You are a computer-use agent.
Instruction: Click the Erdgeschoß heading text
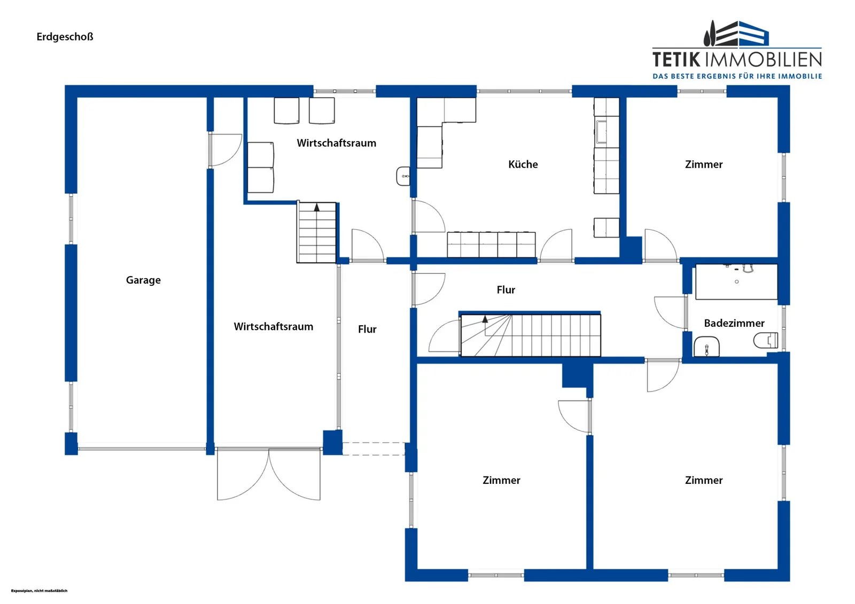tap(65, 37)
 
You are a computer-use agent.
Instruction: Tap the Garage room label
tap(143, 280)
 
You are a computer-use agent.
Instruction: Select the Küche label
tap(523, 164)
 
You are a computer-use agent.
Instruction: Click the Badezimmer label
tap(734, 323)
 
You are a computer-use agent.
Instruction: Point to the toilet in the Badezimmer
tap(766, 340)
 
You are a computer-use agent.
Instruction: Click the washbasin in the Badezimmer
tap(706, 347)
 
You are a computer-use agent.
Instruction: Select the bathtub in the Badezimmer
tap(736, 281)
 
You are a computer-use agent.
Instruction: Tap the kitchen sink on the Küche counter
tap(602, 131)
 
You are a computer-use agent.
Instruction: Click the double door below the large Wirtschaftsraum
tap(269, 474)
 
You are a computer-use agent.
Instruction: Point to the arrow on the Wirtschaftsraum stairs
tap(317, 208)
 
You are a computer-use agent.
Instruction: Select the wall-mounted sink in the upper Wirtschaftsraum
tap(403, 176)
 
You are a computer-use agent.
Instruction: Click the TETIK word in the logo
tap(677, 60)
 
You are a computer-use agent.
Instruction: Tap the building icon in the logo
tap(736, 34)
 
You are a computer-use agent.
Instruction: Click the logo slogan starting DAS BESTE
tap(737, 76)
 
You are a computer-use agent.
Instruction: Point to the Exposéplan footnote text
tap(40, 591)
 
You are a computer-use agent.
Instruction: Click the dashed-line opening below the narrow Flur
tap(374, 449)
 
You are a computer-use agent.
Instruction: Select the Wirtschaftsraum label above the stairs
tap(336, 143)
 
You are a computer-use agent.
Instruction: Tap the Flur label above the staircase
tap(506, 290)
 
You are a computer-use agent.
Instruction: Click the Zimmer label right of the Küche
tap(703, 164)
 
